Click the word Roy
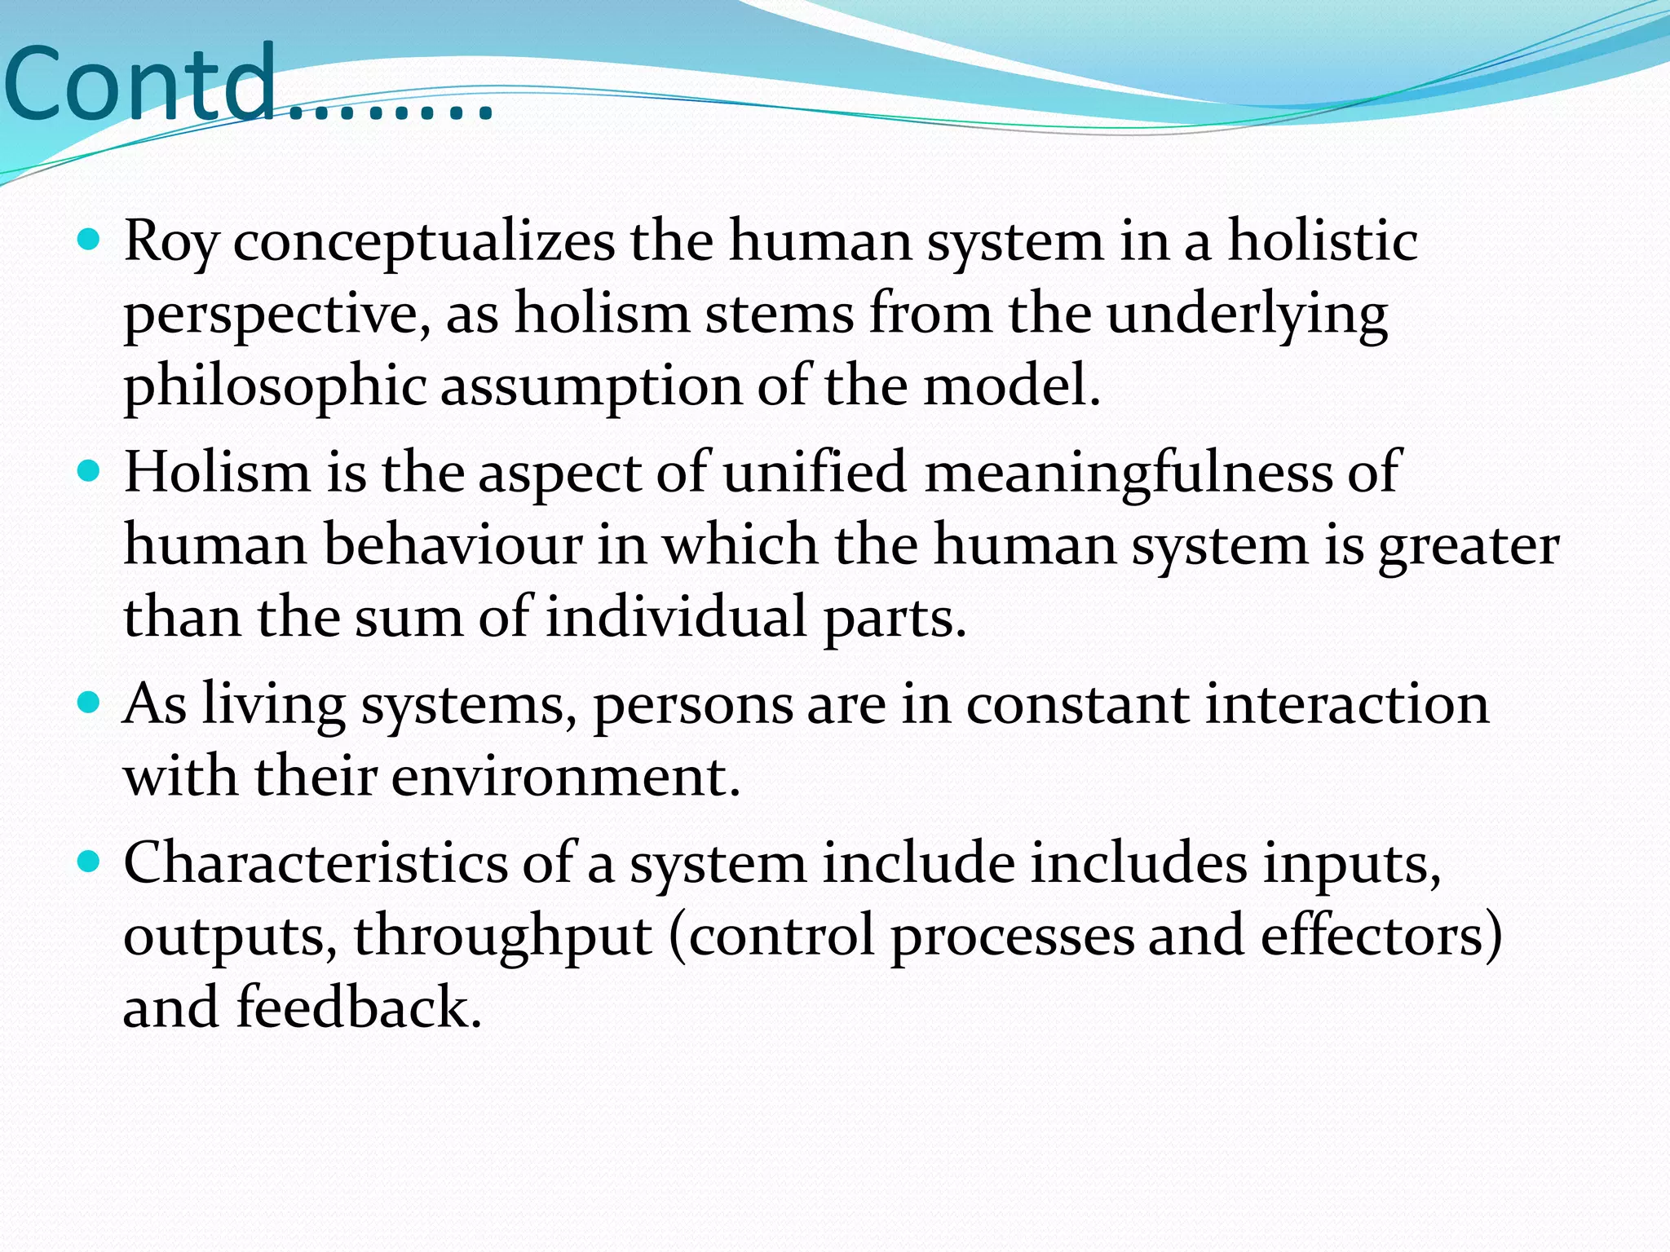click(171, 242)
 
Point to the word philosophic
click(275, 386)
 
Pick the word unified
click(814, 472)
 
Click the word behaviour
click(453, 544)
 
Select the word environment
click(566, 775)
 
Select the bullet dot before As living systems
click(88, 702)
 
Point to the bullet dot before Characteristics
click(88, 861)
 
